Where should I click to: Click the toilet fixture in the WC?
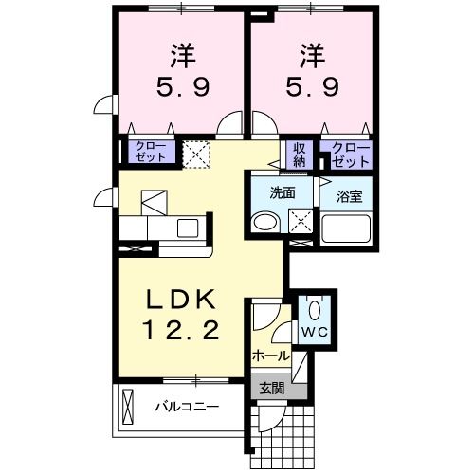tap(314, 309)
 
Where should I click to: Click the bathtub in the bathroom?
tap(346, 228)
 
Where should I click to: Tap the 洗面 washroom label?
tap(283, 191)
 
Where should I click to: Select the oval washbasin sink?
tap(264, 223)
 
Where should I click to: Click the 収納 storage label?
tap(300, 154)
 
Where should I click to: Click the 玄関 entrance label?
tap(272, 387)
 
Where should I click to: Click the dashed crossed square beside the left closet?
tap(196, 154)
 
